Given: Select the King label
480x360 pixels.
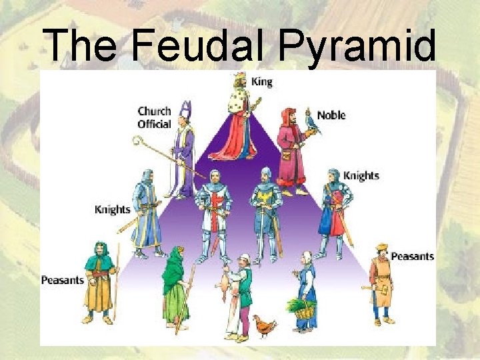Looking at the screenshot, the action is pos(261,81).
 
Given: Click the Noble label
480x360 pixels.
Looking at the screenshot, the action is pos(331,115).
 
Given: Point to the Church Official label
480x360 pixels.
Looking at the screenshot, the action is pos(154,117).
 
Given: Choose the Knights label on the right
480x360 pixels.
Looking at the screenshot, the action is pos(361,175).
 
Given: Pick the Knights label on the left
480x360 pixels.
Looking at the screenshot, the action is pos(112,209).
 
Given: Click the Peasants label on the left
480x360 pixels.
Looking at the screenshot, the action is pos(63,279).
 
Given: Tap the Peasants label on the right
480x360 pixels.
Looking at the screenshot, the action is pos(412,256).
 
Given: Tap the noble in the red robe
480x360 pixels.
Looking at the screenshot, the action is pos(291,150).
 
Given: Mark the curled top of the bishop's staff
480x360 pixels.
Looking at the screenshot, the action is pos(138,141).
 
